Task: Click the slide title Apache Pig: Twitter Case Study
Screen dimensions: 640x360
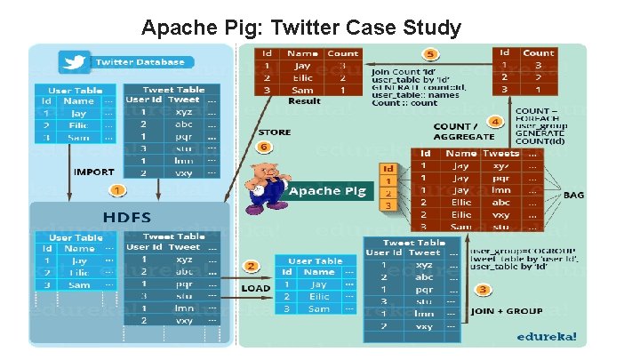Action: tap(301, 28)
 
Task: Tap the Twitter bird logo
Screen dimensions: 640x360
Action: tap(74, 62)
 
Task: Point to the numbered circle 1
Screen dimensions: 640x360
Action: tap(117, 190)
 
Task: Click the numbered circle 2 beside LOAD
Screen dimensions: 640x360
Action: tap(252, 266)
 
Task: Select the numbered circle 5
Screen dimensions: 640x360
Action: tap(430, 54)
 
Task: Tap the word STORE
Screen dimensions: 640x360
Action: tap(274, 132)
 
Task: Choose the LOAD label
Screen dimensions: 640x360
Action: tap(257, 288)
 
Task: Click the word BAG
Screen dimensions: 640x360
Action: tap(573, 195)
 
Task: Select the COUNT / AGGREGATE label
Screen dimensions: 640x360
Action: tap(464, 132)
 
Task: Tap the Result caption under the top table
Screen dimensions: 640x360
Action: tap(304, 100)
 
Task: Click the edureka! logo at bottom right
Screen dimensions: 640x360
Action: tap(551, 336)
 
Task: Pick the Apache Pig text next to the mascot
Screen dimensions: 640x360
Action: tap(328, 190)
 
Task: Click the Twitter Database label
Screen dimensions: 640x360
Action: tap(140, 62)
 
